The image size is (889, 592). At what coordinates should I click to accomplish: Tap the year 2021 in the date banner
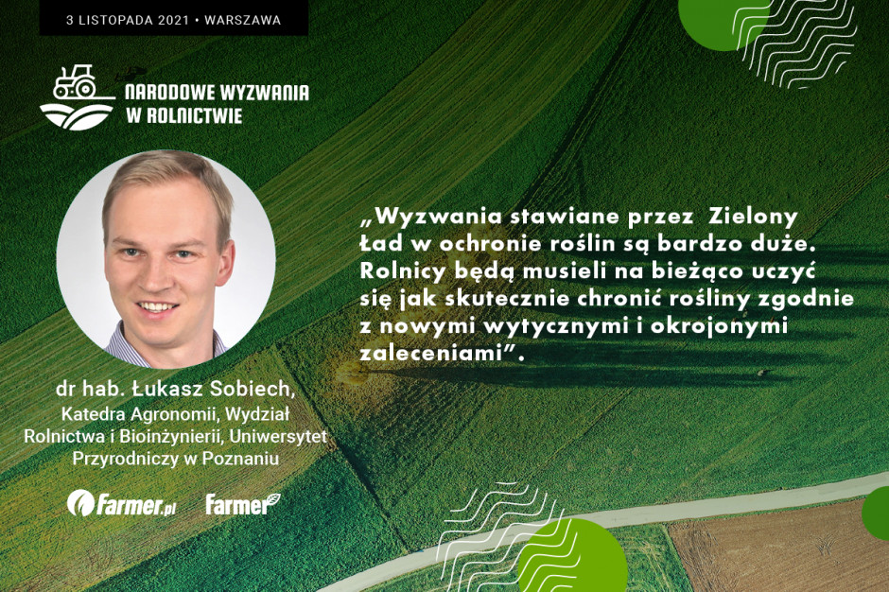(x=173, y=21)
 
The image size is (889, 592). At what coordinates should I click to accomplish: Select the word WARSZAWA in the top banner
(x=243, y=21)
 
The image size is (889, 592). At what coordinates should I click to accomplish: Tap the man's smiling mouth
(x=158, y=308)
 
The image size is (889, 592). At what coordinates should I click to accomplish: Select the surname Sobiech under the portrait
(x=253, y=389)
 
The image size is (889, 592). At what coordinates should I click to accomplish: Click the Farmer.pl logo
(x=121, y=503)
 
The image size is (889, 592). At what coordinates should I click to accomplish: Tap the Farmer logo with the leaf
(x=243, y=503)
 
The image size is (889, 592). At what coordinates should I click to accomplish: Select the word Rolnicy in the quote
(x=403, y=271)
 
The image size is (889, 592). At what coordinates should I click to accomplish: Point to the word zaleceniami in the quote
(x=432, y=354)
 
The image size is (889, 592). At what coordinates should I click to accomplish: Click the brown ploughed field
(x=782, y=550)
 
